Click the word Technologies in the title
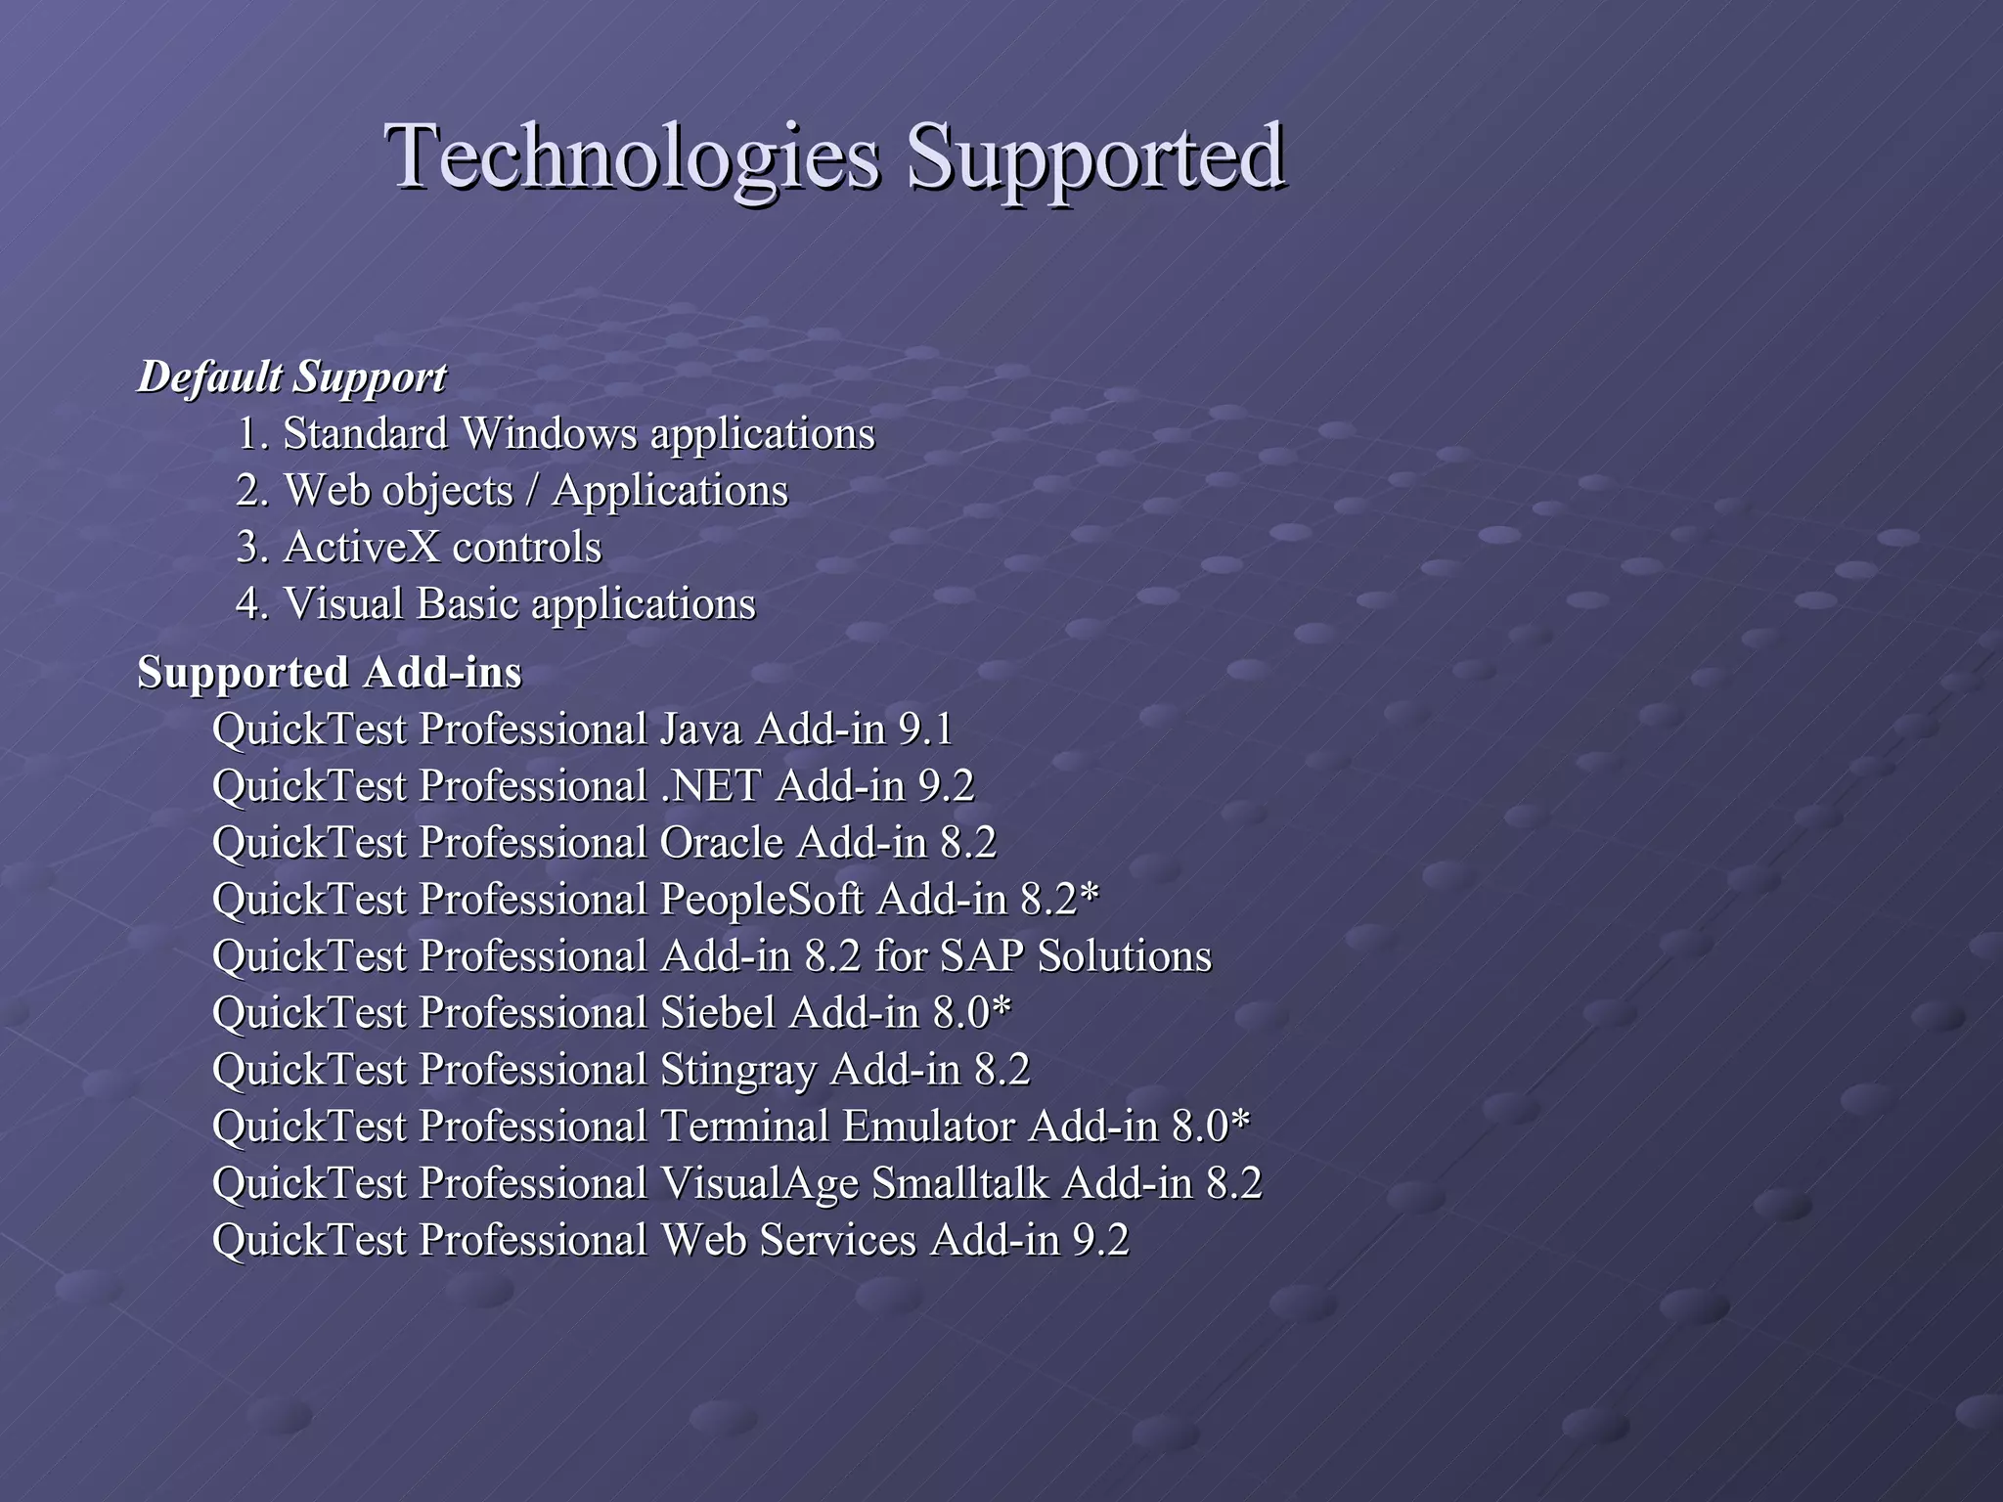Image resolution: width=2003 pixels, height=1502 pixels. click(x=632, y=156)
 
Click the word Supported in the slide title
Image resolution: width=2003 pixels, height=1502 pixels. click(x=1094, y=156)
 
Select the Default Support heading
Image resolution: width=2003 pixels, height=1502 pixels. click(x=291, y=377)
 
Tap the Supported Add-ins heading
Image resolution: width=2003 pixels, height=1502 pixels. click(x=330, y=673)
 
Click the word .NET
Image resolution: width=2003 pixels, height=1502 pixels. click(x=711, y=786)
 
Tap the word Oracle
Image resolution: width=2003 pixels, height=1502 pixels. click(x=722, y=843)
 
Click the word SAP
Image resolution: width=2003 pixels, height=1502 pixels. click(x=981, y=956)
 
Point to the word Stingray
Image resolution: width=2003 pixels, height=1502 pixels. click(x=738, y=1070)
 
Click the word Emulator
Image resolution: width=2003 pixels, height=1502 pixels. click(x=928, y=1126)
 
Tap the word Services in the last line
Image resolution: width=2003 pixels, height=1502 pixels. click(x=837, y=1240)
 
